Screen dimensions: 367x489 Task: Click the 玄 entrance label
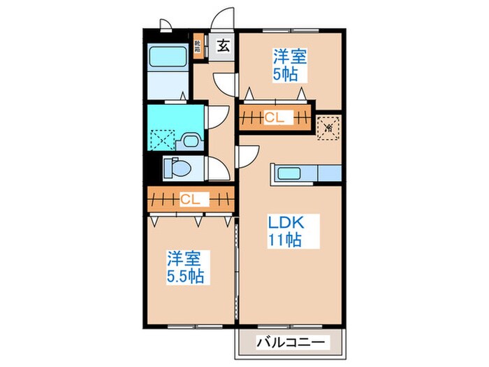224,47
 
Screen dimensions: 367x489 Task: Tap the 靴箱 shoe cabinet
198,47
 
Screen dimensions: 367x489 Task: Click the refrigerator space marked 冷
327,128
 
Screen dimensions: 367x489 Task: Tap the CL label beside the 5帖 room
274,118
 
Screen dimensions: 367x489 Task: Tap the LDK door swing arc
249,156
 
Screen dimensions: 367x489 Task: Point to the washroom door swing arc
215,116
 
